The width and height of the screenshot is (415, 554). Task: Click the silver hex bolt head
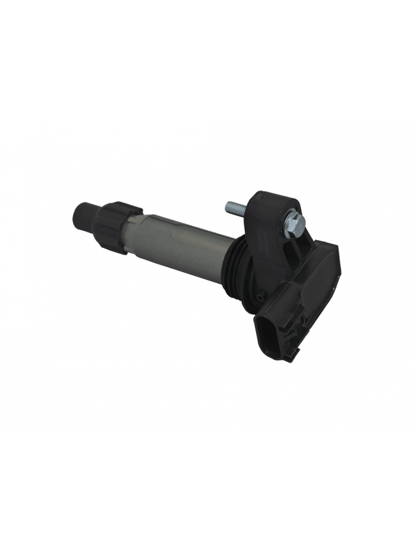coord(295,222)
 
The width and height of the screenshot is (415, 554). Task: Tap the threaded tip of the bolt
coord(228,207)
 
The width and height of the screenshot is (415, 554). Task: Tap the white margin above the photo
coord(207,59)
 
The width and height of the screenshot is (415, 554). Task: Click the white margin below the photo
coord(207,492)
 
